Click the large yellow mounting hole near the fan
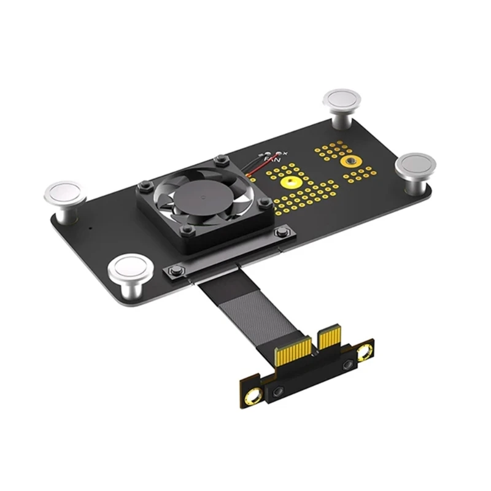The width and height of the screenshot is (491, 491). click(290, 182)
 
